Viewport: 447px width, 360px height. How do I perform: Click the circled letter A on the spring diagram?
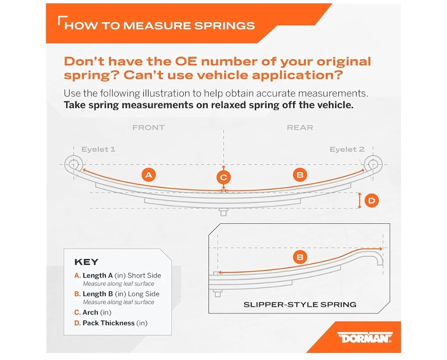pyautogui.click(x=149, y=174)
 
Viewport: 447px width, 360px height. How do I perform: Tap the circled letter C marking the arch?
pyautogui.click(x=223, y=177)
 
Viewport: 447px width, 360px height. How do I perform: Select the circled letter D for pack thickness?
pyautogui.click(x=371, y=201)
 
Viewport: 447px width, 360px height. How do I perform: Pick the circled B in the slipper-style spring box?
pyautogui.click(x=300, y=257)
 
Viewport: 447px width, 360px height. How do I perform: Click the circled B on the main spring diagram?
pyautogui.click(x=300, y=174)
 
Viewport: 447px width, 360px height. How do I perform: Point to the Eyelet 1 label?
pyautogui.click(x=99, y=149)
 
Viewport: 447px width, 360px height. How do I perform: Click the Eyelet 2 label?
pyautogui.click(x=347, y=149)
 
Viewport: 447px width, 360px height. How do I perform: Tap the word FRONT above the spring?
pyautogui.click(x=149, y=128)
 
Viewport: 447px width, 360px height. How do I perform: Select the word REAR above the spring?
pyautogui.click(x=300, y=128)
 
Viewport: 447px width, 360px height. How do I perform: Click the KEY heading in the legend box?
pyautogui.click(x=87, y=262)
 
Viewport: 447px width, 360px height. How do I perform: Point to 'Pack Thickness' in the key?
pyautogui.click(x=108, y=323)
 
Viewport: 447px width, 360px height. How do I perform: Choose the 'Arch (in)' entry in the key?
pyautogui.click(x=97, y=312)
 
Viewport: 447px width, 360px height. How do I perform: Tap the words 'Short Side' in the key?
pyautogui.click(x=144, y=275)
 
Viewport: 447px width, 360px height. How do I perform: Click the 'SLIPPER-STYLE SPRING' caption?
pyautogui.click(x=300, y=304)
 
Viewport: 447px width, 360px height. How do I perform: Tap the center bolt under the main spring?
pyautogui.click(x=223, y=212)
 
